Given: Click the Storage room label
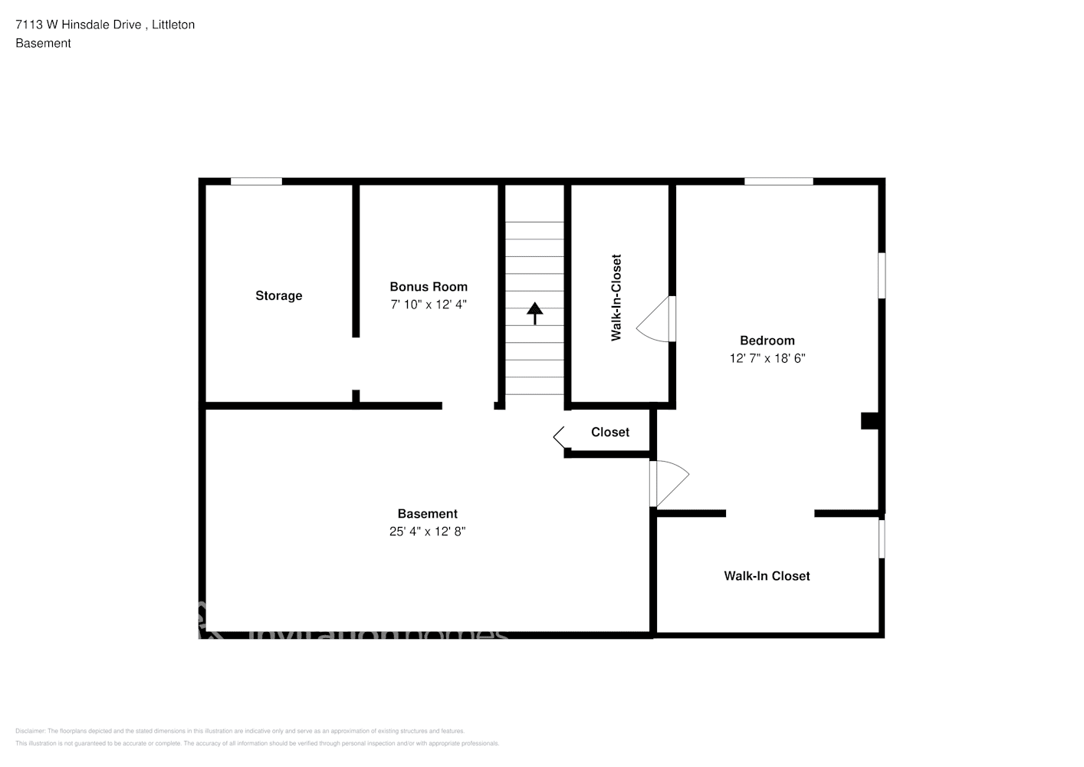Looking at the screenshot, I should click(x=278, y=296).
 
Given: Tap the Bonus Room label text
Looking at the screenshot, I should click(x=429, y=287).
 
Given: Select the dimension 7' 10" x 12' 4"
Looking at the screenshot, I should click(x=429, y=304).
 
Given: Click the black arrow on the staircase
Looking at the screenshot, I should click(x=534, y=312).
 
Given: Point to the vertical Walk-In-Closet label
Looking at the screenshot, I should click(x=616, y=298).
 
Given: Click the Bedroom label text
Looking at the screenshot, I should click(x=767, y=341).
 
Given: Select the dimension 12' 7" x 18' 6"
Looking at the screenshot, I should click(x=767, y=358).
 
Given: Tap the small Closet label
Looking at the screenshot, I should click(x=609, y=433).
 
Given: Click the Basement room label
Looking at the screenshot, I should click(x=427, y=514).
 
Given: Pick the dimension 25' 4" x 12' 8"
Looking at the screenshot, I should click(x=427, y=532).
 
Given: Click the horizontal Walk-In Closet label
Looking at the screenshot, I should click(x=767, y=576).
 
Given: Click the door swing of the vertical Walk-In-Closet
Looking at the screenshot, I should click(x=656, y=320).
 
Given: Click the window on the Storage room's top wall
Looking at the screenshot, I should click(x=256, y=182).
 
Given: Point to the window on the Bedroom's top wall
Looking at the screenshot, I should click(x=778, y=182).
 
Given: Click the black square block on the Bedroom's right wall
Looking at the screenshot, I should click(x=869, y=421).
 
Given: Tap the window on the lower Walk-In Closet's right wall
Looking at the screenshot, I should click(x=882, y=539).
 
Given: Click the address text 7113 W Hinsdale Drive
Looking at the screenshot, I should click(x=78, y=25).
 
